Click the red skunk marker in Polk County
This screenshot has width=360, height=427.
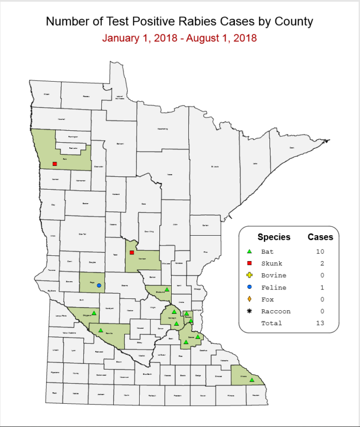tap(54, 164)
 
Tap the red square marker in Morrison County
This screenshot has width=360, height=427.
tap(132, 253)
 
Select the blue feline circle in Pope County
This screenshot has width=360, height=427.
tap(99, 285)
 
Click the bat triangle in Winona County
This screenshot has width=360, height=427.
tap(252, 380)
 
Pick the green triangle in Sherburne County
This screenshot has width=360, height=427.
tap(167, 289)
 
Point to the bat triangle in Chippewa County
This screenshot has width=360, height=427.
tap(94, 313)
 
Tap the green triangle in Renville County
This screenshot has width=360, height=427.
tap(100, 330)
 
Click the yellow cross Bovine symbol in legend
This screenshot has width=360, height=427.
tap(249, 275)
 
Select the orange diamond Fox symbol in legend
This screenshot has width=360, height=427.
tap(249, 299)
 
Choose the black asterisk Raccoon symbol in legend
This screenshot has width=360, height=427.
tap(249, 311)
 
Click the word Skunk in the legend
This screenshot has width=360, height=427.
tap(272, 263)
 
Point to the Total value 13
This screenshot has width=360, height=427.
tap(321, 323)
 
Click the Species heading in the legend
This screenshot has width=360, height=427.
tap(274, 237)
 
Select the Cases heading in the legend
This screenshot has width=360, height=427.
tap(320, 237)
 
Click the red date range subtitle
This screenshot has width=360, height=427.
tap(179, 38)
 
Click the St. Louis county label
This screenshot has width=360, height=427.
tap(215, 166)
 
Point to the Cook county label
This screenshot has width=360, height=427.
tap(292, 147)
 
